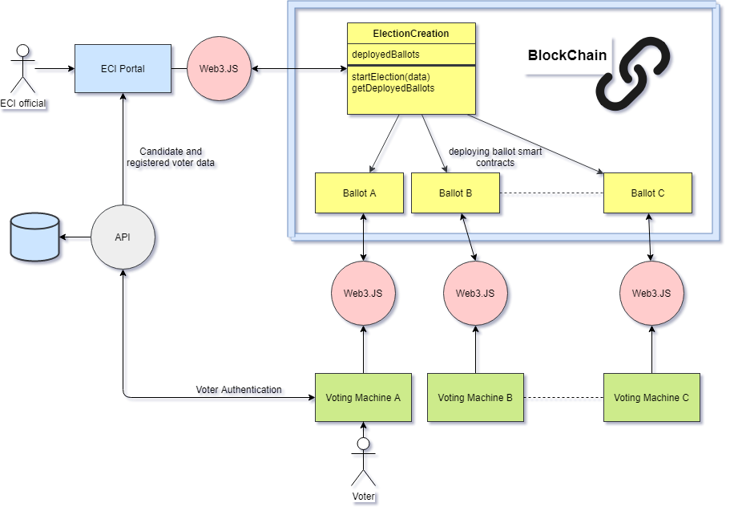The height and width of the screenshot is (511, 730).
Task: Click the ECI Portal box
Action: [x=123, y=68]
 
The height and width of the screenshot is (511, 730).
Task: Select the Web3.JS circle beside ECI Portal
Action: [x=219, y=68]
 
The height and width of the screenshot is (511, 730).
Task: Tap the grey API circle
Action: [x=123, y=237]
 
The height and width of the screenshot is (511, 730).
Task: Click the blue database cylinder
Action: [x=35, y=237]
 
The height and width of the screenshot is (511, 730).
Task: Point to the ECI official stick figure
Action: [x=22, y=68]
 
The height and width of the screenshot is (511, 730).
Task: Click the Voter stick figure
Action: [x=363, y=462]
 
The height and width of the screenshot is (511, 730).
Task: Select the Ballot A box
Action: [x=360, y=193]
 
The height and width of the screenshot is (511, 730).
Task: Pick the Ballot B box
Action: [x=455, y=193]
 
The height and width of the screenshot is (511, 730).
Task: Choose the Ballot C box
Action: [x=647, y=193]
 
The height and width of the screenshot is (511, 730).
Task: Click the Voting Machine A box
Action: [x=363, y=397]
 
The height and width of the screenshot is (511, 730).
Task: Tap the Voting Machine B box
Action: [x=475, y=397]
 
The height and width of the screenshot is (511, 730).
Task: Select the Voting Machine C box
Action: [x=651, y=397]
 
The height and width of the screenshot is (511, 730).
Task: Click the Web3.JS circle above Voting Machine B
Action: [x=475, y=294]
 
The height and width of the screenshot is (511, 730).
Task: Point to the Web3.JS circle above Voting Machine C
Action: [x=651, y=294]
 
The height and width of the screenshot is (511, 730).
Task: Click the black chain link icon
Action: [x=634, y=74]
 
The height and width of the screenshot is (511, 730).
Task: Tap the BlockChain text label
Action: [x=567, y=55]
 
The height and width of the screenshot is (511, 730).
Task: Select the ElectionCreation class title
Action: [x=411, y=34]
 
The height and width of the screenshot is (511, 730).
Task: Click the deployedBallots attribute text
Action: [x=385, y=54]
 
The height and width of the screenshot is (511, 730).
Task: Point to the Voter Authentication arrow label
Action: [x=239, y=390]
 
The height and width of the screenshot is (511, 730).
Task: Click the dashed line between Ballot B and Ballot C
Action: [x=551, y=193]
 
